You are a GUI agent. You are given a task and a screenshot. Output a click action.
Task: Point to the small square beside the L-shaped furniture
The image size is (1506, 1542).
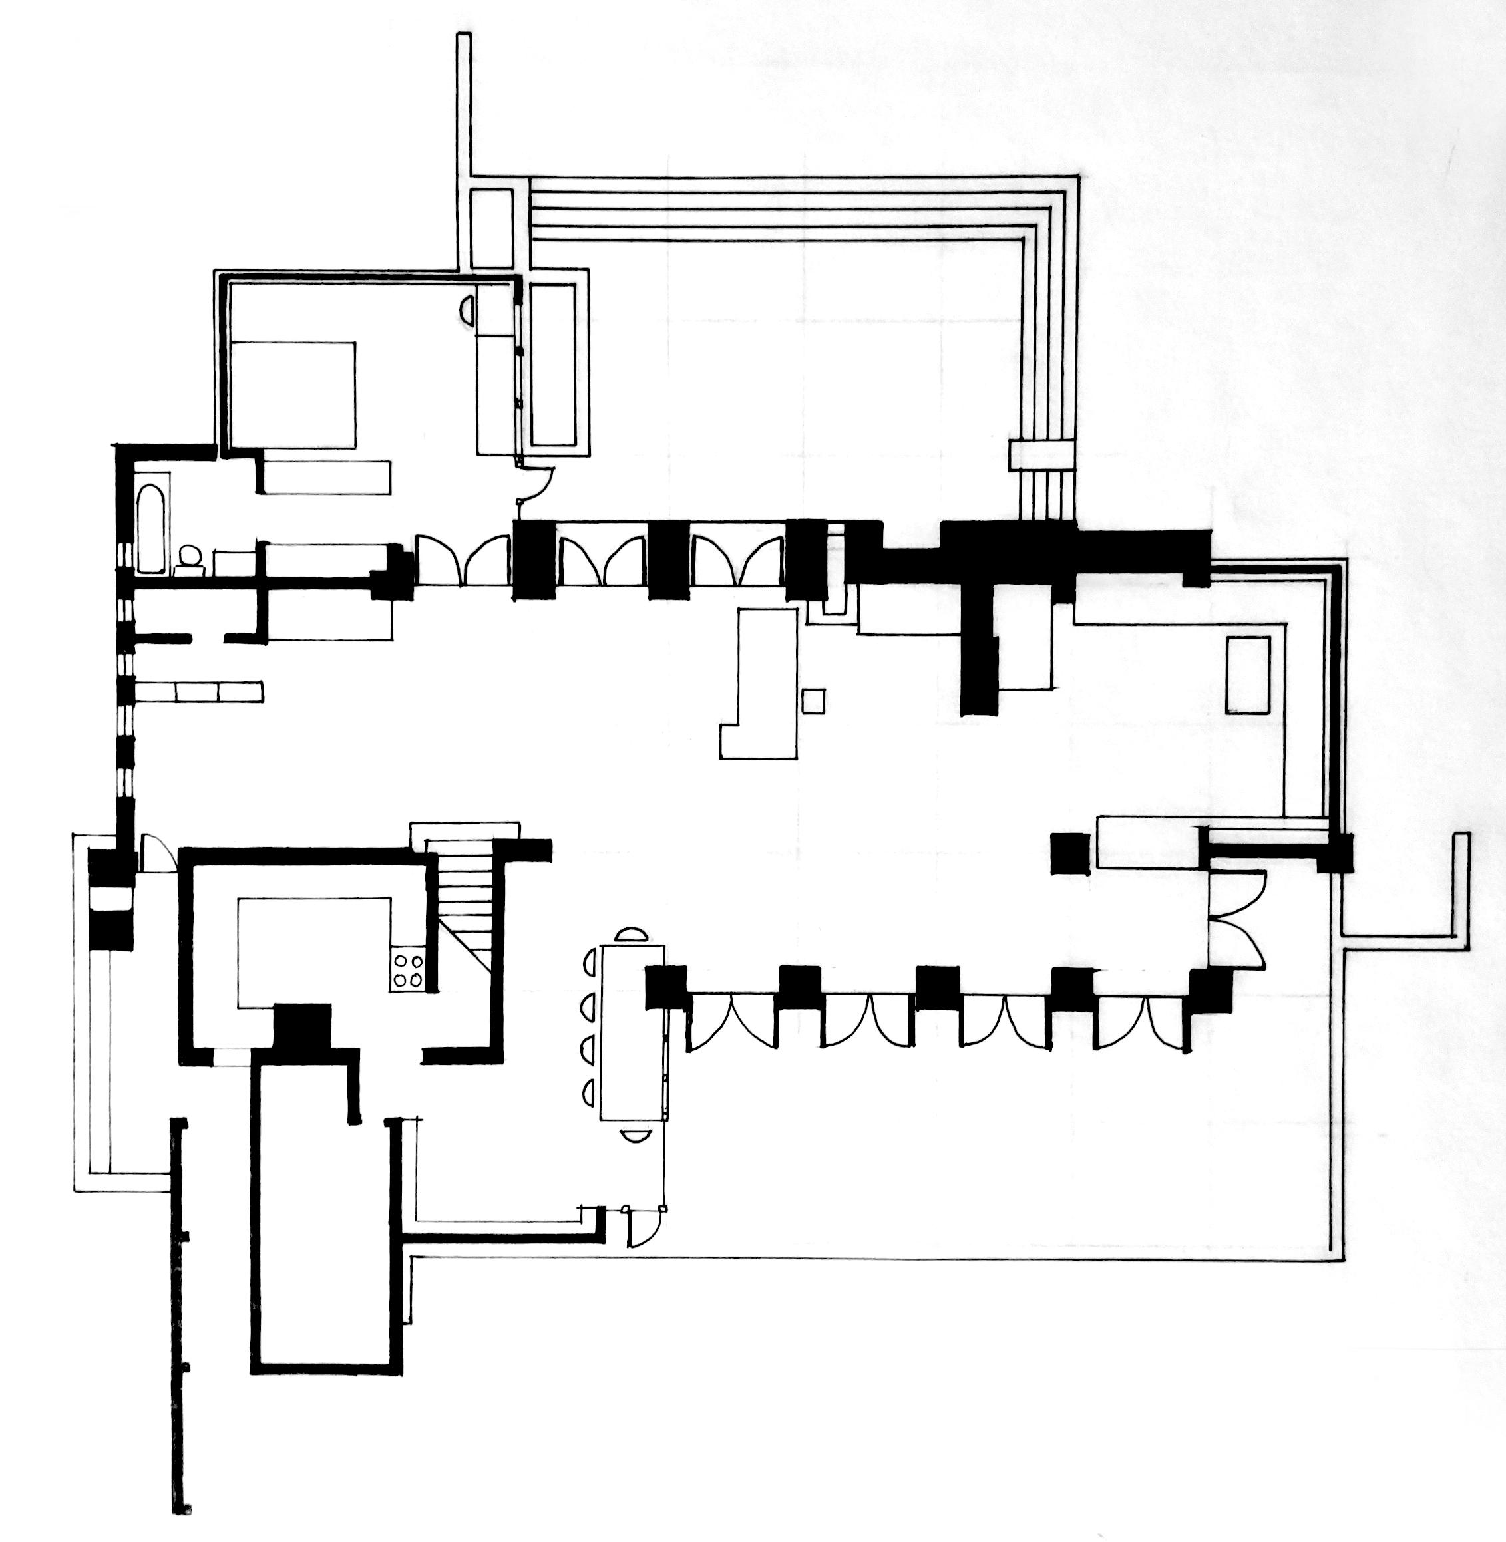[x=813, y=701]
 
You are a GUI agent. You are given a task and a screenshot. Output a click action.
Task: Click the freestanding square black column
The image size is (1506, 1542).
[x=1069, y=854]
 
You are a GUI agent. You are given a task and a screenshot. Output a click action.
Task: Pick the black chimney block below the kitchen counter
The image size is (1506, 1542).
[x=301, y=1028]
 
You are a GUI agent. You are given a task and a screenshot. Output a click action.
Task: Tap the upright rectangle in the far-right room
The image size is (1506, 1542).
[x=1248, y=675]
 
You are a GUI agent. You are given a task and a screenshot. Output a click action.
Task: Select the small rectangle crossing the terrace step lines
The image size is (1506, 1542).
[x=1043, y=456]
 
